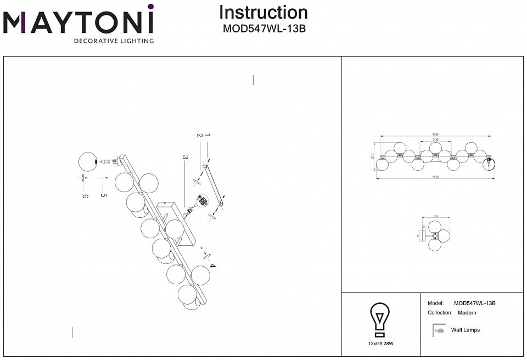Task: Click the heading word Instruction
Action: [x=263, y=13]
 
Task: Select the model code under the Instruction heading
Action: [x=263, y=29]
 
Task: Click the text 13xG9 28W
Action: [x=381, y=344]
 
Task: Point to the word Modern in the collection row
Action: [x=467, y=313]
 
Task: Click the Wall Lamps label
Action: [x=465, y=330]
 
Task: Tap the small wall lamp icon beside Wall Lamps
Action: [x=438, y=330]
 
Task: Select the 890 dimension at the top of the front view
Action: [x=435, y=134]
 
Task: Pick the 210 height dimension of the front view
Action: [x=374, y=156]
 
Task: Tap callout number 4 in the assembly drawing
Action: [x=212, y=266]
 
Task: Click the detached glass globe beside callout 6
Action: [x=88, y=161]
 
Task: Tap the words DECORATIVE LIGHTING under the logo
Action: [x=114, y=41]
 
